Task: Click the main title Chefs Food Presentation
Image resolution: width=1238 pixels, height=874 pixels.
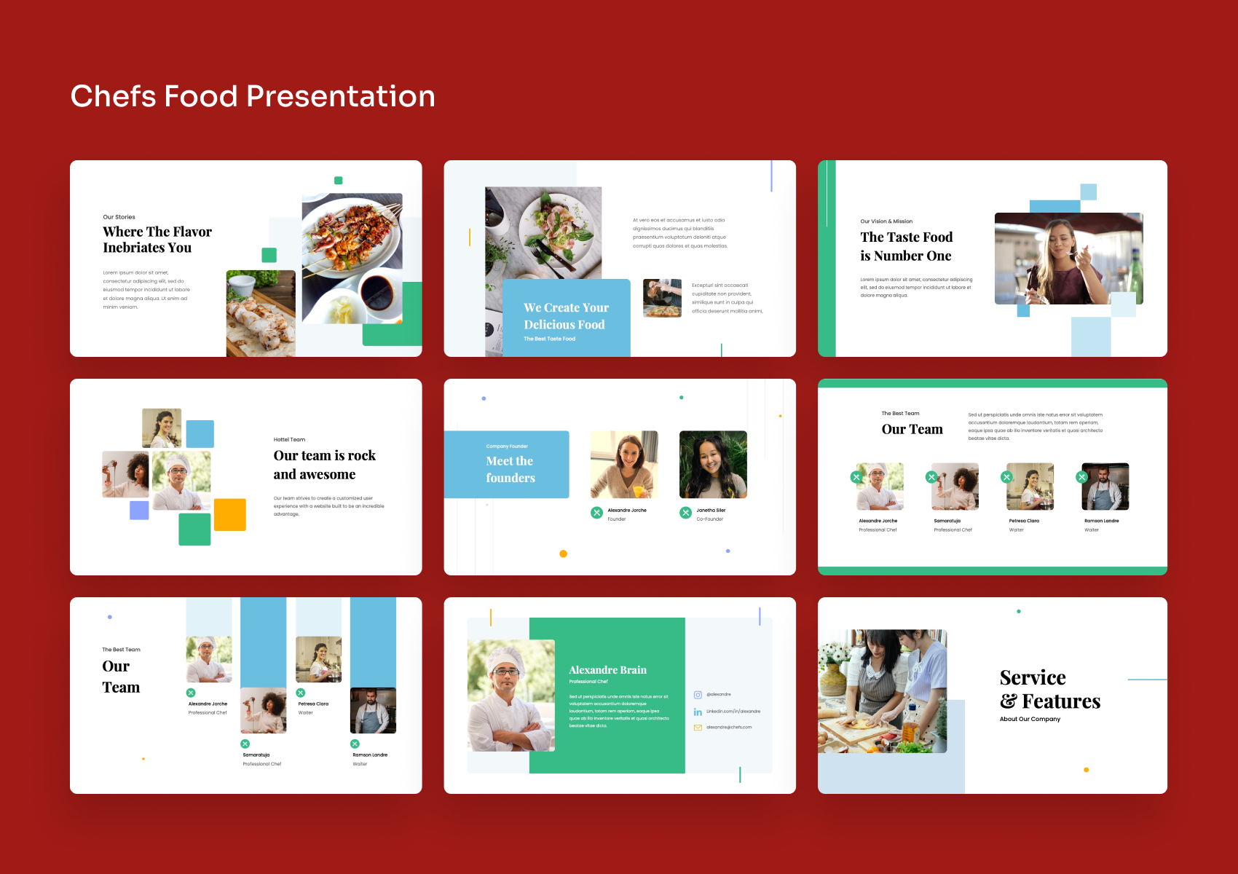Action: point(253,96)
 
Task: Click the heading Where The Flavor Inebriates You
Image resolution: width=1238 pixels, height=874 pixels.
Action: point(157,240)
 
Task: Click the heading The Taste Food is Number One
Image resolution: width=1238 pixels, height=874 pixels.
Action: point(906,246)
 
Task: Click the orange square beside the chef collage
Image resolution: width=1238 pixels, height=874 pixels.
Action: point(230,514)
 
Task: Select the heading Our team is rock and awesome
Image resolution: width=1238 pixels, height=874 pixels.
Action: point(324,465)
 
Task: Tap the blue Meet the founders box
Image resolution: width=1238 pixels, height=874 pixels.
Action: point(507,465)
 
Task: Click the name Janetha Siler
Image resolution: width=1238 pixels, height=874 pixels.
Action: point(711,511)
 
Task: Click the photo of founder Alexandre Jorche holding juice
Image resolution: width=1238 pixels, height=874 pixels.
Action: point(624,464)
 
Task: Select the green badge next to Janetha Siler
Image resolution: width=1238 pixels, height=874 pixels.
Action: point(685,513)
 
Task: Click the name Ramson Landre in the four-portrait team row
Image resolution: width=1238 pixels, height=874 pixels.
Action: point(1101,521)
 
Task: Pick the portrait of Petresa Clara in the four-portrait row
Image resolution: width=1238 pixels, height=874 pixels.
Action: point(1030,486)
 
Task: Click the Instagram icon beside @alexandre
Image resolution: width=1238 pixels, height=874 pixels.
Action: point(698,695)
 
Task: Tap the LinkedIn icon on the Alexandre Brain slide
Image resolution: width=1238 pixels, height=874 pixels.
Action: point(698,712)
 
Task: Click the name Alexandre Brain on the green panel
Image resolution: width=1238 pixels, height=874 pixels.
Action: point(607,670)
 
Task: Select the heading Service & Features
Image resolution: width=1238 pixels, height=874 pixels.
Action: point(1049,689)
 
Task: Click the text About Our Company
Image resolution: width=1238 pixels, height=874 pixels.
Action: point(1030,719)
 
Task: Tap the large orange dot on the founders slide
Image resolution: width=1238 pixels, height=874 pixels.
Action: point(563,554)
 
